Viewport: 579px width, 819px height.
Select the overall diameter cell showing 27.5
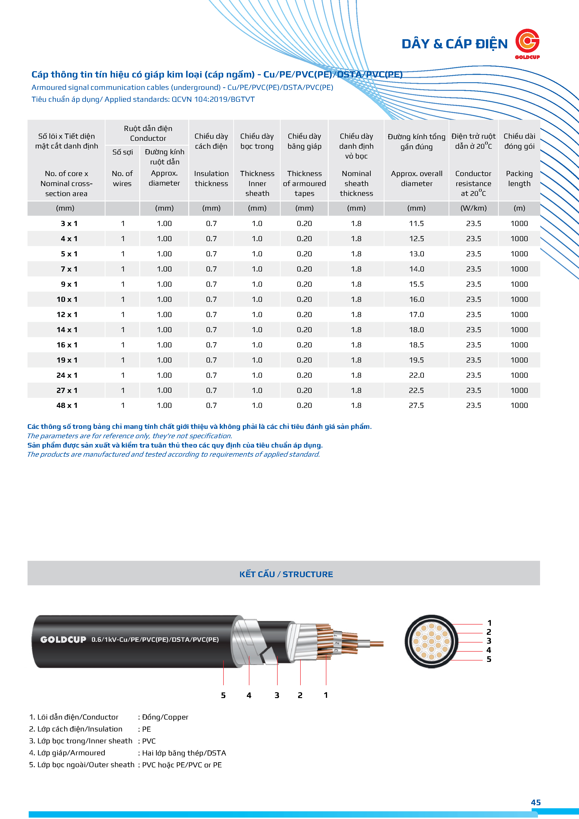pyautogui.click(x=416, y=406)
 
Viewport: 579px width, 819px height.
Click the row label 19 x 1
pyautogui.click(x=67, y=360)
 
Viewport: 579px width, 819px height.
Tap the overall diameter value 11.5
pyautogui.click(x=416, y=224)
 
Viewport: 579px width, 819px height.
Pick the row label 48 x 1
pyautogui.click(x=67, y=406)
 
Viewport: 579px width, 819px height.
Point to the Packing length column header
pyautogui.click(x=519, y=178)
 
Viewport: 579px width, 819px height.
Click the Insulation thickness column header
pyautogui.click(x=211, y=178)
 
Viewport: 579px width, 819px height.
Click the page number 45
pyautogui.click(x=536, y=803)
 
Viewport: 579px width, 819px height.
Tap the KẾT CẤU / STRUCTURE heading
pyautogui.click(x=286, y=574)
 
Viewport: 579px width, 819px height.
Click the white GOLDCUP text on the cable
pyautogui.click(x=63, y=639)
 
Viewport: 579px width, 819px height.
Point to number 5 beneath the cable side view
pyautogui.click(x=223, y=695)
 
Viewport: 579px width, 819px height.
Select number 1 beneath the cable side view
pyautogui.click(x=325, y=695)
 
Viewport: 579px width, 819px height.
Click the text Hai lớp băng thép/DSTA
pyautogui.click(x=184, y=753)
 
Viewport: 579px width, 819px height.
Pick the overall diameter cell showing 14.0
pyautogui.click(x=416, y=269)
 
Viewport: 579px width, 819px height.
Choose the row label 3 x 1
pyautogui.click(x=69, y=224)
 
